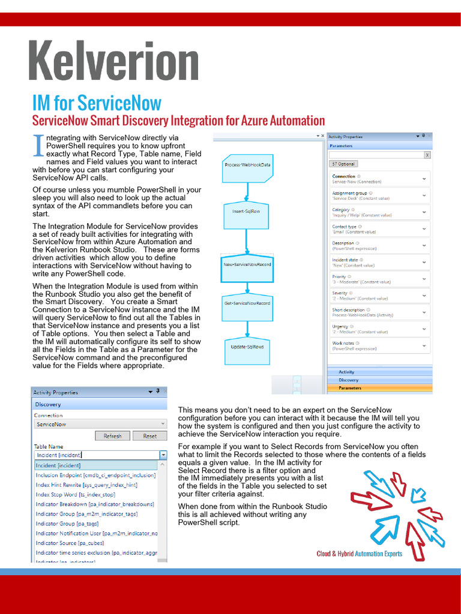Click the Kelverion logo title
[114, 61]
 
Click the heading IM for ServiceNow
[97, 103]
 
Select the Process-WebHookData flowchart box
[247, 165]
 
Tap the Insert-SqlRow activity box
[247, 211]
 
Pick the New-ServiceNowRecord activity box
[247, 264]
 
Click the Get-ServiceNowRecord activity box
[247, 303]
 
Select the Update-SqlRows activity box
[247, 347]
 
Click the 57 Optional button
[344, 164]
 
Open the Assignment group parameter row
[380, 195]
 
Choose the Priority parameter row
[380, 279]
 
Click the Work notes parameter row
[380, 346]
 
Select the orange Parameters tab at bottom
[380, 388]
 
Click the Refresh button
[112, 436]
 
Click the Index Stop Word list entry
[75, 495]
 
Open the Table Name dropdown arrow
[163, 455]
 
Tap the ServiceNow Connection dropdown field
[100, 424]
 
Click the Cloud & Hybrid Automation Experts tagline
[359, 553]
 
